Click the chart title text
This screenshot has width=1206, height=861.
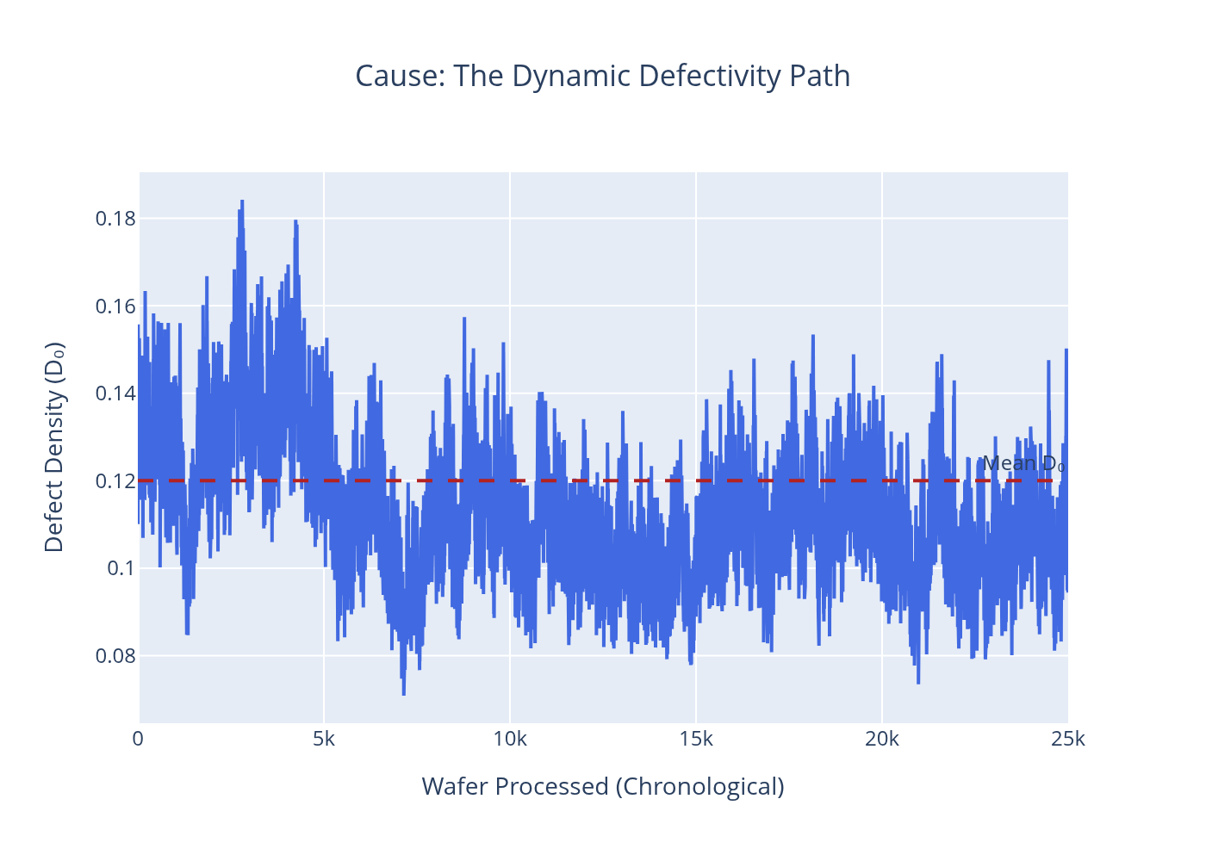point(603,77)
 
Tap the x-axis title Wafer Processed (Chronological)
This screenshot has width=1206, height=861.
point(603,786)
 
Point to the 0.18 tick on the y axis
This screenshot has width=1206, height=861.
point(115,219)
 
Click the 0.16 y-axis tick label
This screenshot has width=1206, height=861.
point(115,307)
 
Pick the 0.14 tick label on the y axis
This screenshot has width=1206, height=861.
point(115,393)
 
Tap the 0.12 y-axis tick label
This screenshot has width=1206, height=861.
point(115,481)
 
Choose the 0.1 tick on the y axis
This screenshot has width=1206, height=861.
point(121,568)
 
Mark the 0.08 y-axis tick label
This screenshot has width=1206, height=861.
point(115,656)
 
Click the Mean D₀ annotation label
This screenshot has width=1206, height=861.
point(1023,464)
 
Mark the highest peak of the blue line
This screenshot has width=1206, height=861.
point(242,201)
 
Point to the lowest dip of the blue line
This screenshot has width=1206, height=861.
point(403,694)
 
